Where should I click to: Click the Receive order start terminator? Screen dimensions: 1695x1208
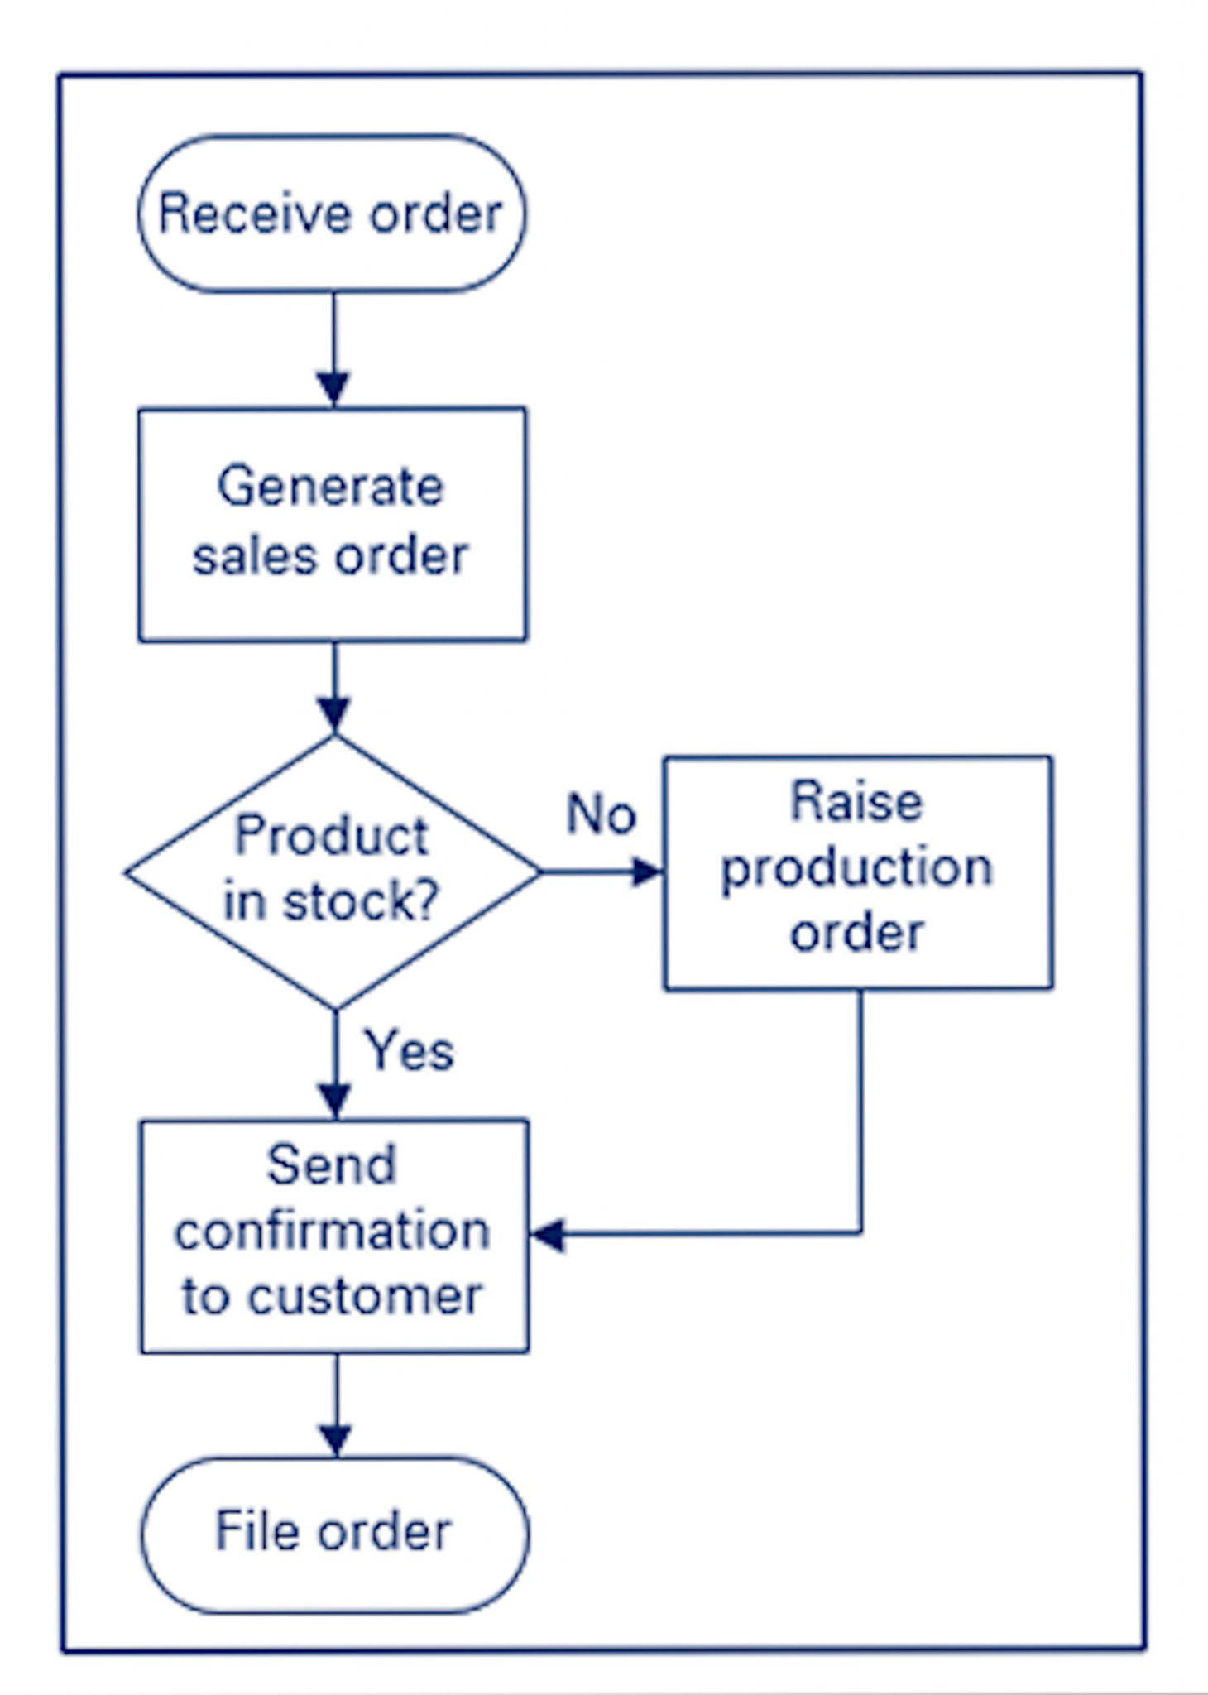331,214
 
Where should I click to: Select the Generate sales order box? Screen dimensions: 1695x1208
331,524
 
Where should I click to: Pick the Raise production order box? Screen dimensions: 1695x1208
858,872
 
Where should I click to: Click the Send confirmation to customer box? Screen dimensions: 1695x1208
333,1236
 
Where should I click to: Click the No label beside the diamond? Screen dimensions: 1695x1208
601,814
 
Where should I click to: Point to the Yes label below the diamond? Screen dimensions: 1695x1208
410,1051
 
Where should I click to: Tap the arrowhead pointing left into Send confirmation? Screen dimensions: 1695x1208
548,1235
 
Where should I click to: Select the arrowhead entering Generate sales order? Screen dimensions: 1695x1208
333,388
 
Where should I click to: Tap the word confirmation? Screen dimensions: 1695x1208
332,1230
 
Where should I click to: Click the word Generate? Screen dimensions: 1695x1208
330,486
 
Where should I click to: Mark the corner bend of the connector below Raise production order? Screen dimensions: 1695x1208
860,1233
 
